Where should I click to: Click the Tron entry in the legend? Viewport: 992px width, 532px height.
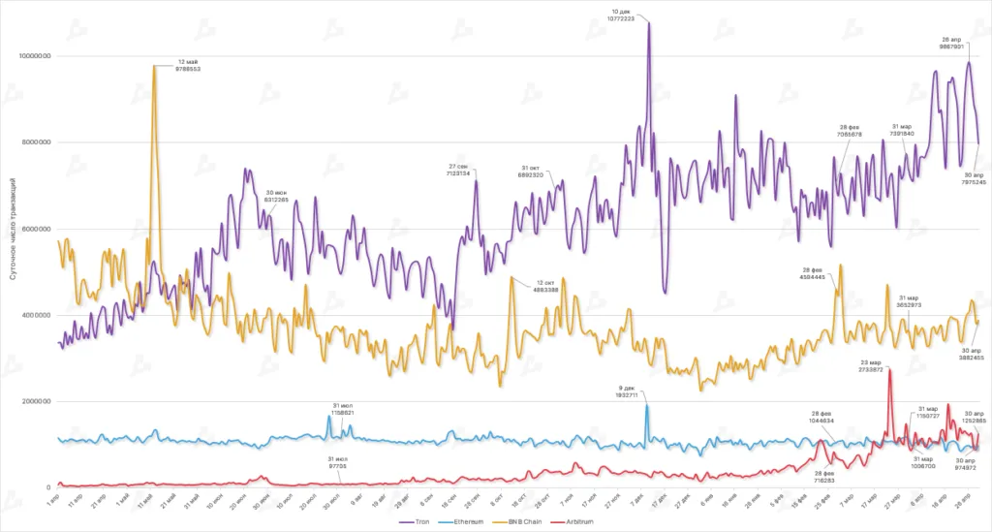(x=417, y=521)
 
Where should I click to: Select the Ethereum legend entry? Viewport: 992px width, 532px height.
(x=467, y=521)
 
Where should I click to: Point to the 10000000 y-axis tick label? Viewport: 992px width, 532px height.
(x=34, y=56)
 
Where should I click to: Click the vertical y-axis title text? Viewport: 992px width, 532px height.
(x=12, y=228)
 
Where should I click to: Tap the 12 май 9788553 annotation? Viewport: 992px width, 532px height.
(x=188, y=66)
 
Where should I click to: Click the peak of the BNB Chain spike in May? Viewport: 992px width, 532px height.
(x=154, y=66)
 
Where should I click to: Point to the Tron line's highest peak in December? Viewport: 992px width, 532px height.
(x=648, y=22)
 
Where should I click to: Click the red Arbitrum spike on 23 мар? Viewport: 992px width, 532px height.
(x=888, y=369)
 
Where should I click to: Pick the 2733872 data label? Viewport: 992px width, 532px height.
(x=870, y=369)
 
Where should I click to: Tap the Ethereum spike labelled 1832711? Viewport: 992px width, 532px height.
(x=646, y=405)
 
